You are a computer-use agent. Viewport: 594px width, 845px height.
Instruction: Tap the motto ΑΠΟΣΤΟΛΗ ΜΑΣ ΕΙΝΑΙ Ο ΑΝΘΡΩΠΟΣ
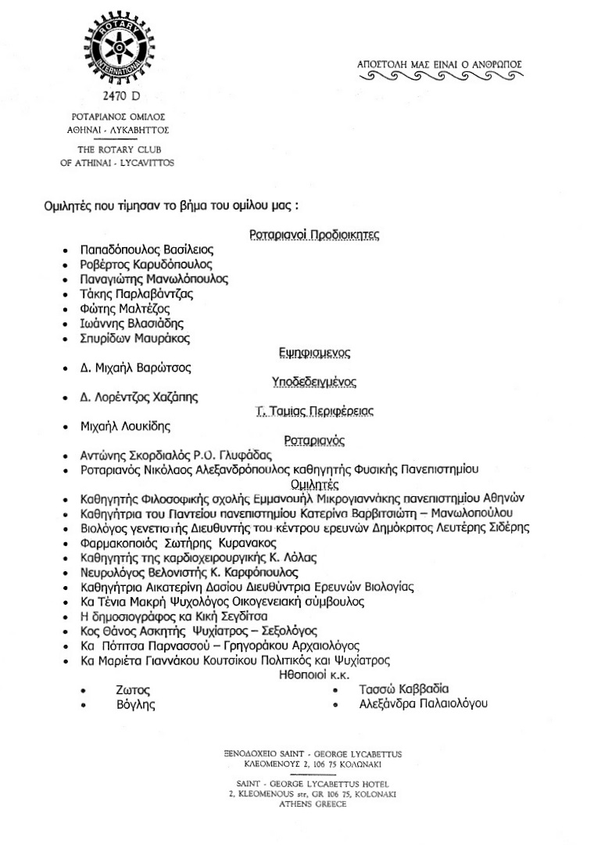point(438,64)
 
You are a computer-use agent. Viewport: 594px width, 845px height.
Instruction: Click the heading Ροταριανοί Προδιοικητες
point(314,235)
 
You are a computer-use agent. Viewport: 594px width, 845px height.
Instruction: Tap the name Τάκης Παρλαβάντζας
point(137,294)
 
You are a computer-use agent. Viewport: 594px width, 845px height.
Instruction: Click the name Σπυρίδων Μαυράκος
point(134,339)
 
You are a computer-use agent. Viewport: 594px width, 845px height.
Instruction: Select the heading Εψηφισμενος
point(313,353)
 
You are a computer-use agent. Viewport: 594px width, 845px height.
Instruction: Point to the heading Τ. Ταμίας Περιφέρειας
point(314,412)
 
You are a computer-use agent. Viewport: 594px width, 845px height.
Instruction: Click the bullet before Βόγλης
point(85,706)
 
